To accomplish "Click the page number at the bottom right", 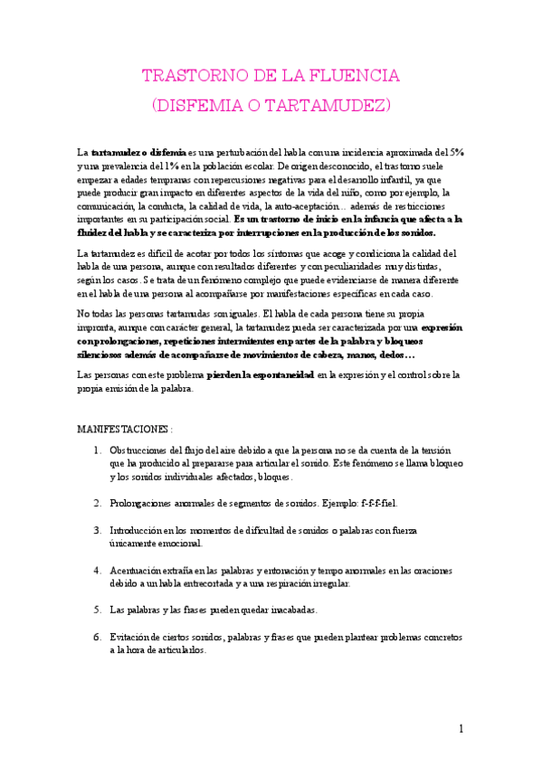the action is coord(461,729).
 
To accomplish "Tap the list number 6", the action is coord(98,637).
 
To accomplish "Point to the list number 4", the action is coord(98,571).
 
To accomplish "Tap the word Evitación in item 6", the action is coord(131,637).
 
